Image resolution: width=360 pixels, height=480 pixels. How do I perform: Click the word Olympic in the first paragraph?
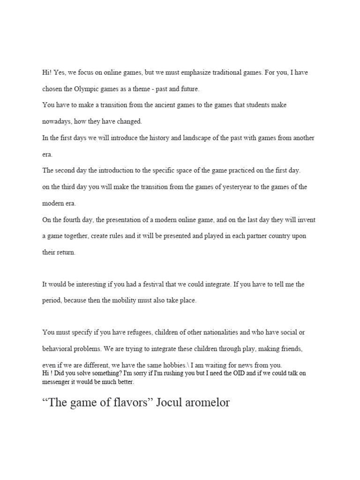tap(88, 89)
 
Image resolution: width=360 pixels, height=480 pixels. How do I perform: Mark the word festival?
tap(159, 284)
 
